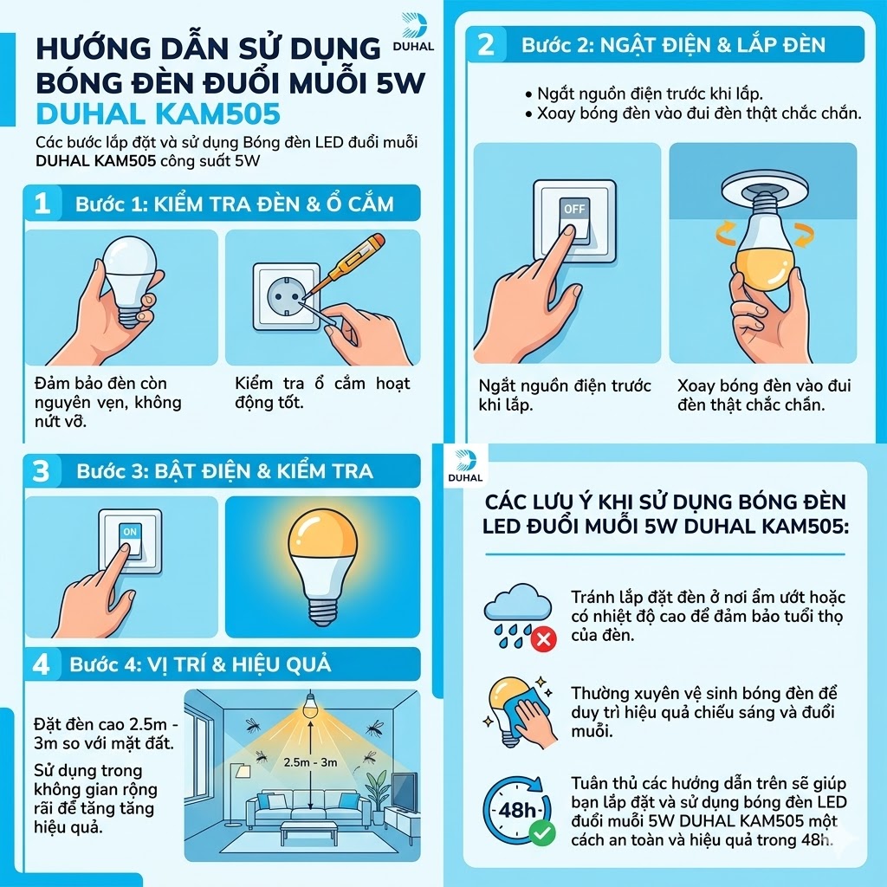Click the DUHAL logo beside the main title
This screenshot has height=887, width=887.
413,33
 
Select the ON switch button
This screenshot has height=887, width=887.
130,541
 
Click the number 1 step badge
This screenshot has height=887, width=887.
42,204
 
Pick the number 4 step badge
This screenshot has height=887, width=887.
42,664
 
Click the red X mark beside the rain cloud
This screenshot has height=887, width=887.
543,640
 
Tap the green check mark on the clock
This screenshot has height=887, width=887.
542,832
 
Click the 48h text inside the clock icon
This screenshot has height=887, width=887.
516,811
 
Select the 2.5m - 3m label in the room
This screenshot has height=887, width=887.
311,762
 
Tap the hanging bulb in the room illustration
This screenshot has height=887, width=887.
309,705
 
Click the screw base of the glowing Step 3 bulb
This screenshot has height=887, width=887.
322,610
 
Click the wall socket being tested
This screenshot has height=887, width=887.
286,296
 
